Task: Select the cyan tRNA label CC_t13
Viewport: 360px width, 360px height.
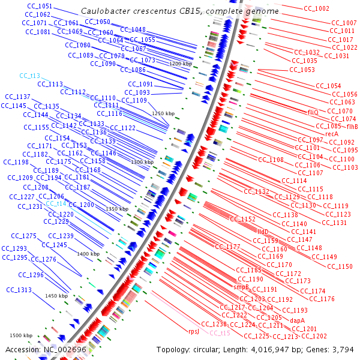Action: pos(29,76)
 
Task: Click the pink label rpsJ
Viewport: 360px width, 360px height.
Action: pos(194,331)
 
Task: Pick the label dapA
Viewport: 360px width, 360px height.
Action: pos(298,320)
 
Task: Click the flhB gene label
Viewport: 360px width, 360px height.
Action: pos(352,127)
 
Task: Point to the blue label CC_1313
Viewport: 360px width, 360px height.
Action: pos(19,290)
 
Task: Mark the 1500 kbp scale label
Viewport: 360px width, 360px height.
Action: pos(20,335)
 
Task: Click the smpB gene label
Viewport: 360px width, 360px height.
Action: pos(241,287)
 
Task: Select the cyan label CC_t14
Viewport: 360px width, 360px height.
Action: pos(56,203)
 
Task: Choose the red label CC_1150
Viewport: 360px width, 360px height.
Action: pos(341,266)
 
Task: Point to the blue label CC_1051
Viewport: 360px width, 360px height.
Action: pos(40,6)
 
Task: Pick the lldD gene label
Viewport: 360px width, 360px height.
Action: pos(263,231)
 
